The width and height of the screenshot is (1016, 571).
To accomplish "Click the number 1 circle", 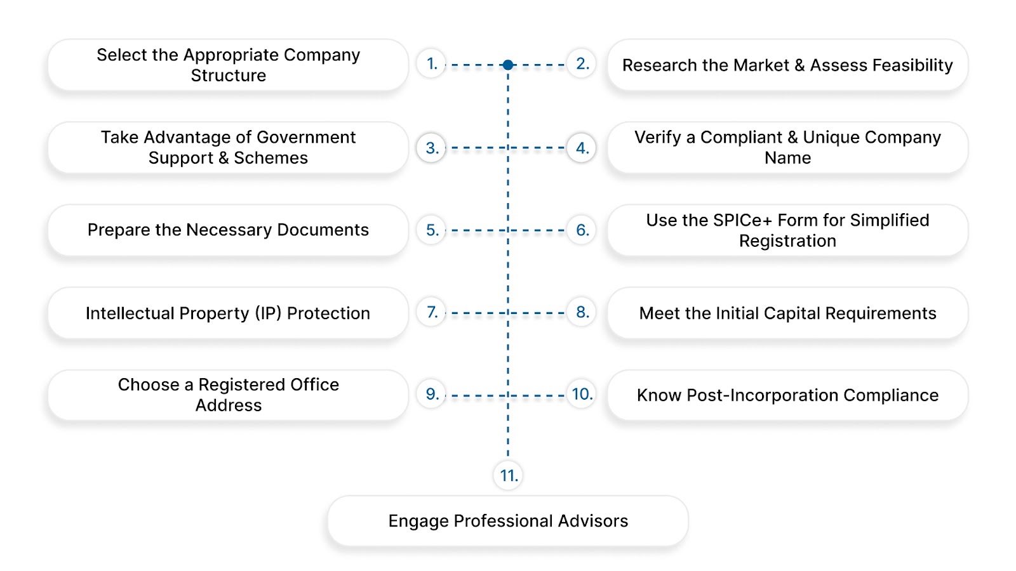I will point(432,64).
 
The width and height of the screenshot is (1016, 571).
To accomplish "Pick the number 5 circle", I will point(432,230).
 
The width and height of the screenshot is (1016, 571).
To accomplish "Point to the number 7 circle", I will point(432,312).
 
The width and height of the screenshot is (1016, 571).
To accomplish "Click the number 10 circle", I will point(582,395).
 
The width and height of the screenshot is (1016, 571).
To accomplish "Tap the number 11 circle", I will point(508,475).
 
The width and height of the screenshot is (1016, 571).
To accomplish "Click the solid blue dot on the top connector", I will point(508,65).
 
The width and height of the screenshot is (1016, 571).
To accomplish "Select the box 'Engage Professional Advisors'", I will point(508,521).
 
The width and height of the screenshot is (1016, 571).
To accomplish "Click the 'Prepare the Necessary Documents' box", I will point(228,230).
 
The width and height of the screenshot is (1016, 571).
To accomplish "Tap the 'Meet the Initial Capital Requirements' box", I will point(787,313).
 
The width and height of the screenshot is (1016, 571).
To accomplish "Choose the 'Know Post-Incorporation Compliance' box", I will point(787,395).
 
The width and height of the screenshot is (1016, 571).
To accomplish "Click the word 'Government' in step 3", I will point(306,137).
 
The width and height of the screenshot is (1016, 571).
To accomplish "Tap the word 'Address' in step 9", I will point(229,405).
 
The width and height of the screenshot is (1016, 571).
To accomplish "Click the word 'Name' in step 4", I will point(787,158).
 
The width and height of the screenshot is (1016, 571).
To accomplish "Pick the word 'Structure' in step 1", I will point(229,75).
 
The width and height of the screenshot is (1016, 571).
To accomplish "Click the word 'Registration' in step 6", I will point(787,241).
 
